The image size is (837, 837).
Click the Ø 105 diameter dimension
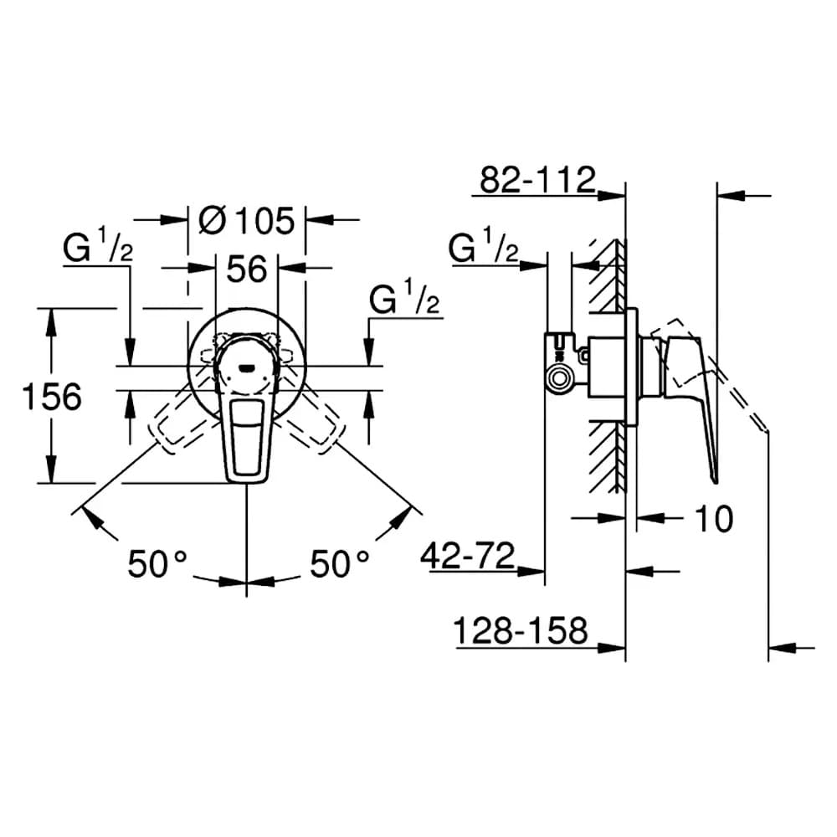pos(247,220)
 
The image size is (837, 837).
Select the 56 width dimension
pos(247,269)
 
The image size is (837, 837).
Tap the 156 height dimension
pos(52,397)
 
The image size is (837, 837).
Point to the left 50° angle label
pos(157,563)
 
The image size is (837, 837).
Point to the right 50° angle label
pos(340,563)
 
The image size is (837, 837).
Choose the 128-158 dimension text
pos(521,630)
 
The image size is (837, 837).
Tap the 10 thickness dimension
pos(714,518)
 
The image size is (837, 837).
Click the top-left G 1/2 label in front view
pos(98,246)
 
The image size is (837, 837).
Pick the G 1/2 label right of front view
pos(404,298)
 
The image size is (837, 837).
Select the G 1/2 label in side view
pos(483,246)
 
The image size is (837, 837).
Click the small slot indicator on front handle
pos(247,367)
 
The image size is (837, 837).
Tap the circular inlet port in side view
pos(559,379)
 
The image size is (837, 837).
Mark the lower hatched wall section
pos(608,457)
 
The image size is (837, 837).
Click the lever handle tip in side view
pos(715,480)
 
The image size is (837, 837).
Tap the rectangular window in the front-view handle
pos(247,437)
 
